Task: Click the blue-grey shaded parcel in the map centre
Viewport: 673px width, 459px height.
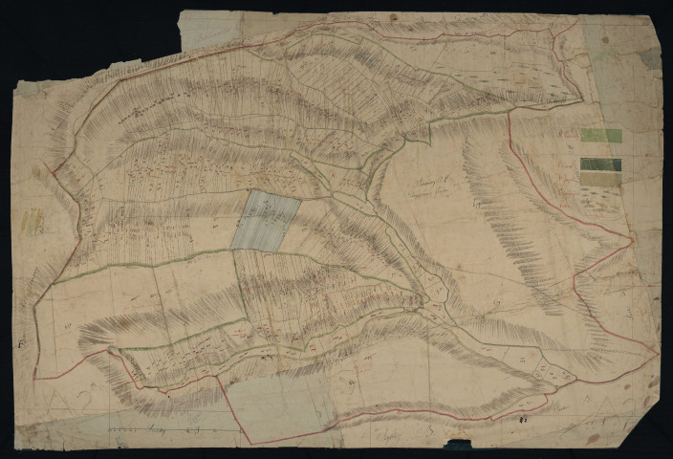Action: pos(266,221)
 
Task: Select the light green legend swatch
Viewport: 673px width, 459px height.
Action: pos(600,137)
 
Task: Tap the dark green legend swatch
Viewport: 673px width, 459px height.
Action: pos(600,164)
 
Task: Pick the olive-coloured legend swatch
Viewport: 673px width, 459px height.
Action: pos(600,178)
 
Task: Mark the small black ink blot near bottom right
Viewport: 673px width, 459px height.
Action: pos(523,419)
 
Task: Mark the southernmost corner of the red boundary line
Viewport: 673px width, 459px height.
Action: pos(250,443)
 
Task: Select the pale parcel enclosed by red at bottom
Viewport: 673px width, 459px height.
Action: pos(277,402)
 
